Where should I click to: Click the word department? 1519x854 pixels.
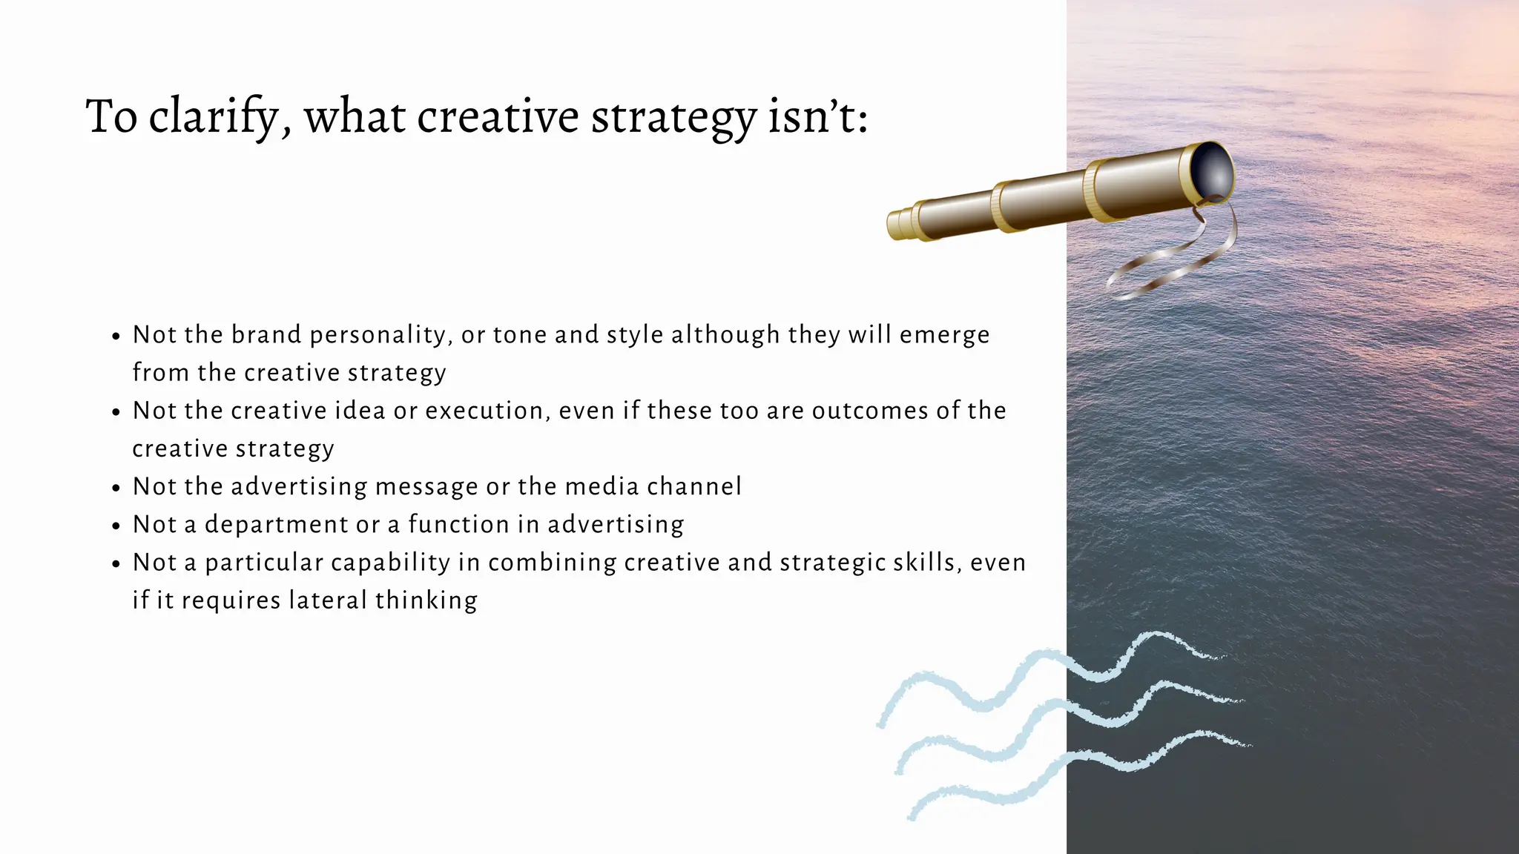276,525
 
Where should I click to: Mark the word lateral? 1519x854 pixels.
328,600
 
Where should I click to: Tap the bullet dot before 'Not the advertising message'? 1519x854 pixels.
116,488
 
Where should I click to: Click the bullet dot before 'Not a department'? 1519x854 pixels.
116,526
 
